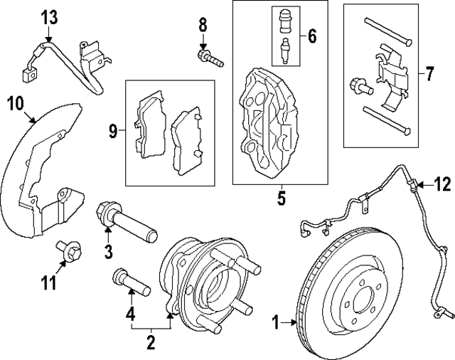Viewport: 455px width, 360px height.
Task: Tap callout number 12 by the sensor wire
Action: [441, 186]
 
